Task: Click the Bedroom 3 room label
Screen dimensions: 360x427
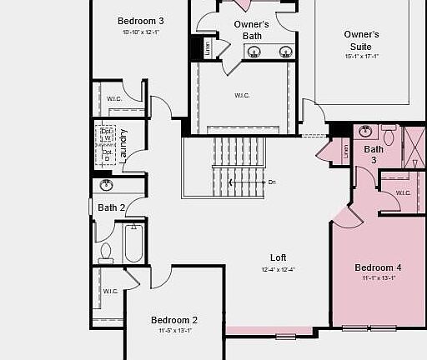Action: tap(140, 21)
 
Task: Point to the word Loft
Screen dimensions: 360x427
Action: tap(279, 257)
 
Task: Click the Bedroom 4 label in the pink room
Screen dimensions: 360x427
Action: tap(378, 267)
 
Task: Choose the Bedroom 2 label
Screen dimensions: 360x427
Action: tap(174, 320)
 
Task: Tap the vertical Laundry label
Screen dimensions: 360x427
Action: tap(123, 143)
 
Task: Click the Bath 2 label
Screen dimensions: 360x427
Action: tap(111, 207)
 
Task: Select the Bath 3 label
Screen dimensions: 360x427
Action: tap(373, 154)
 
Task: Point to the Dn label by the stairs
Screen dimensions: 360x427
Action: tap(272, 182)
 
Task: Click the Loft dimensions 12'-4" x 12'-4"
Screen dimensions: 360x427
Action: tap(279, 269)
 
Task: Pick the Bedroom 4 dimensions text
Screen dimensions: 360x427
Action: tap(378, 278)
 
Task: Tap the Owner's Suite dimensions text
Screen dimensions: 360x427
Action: tap(362, 57)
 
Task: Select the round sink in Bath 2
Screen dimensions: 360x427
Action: tap(106, 185)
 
